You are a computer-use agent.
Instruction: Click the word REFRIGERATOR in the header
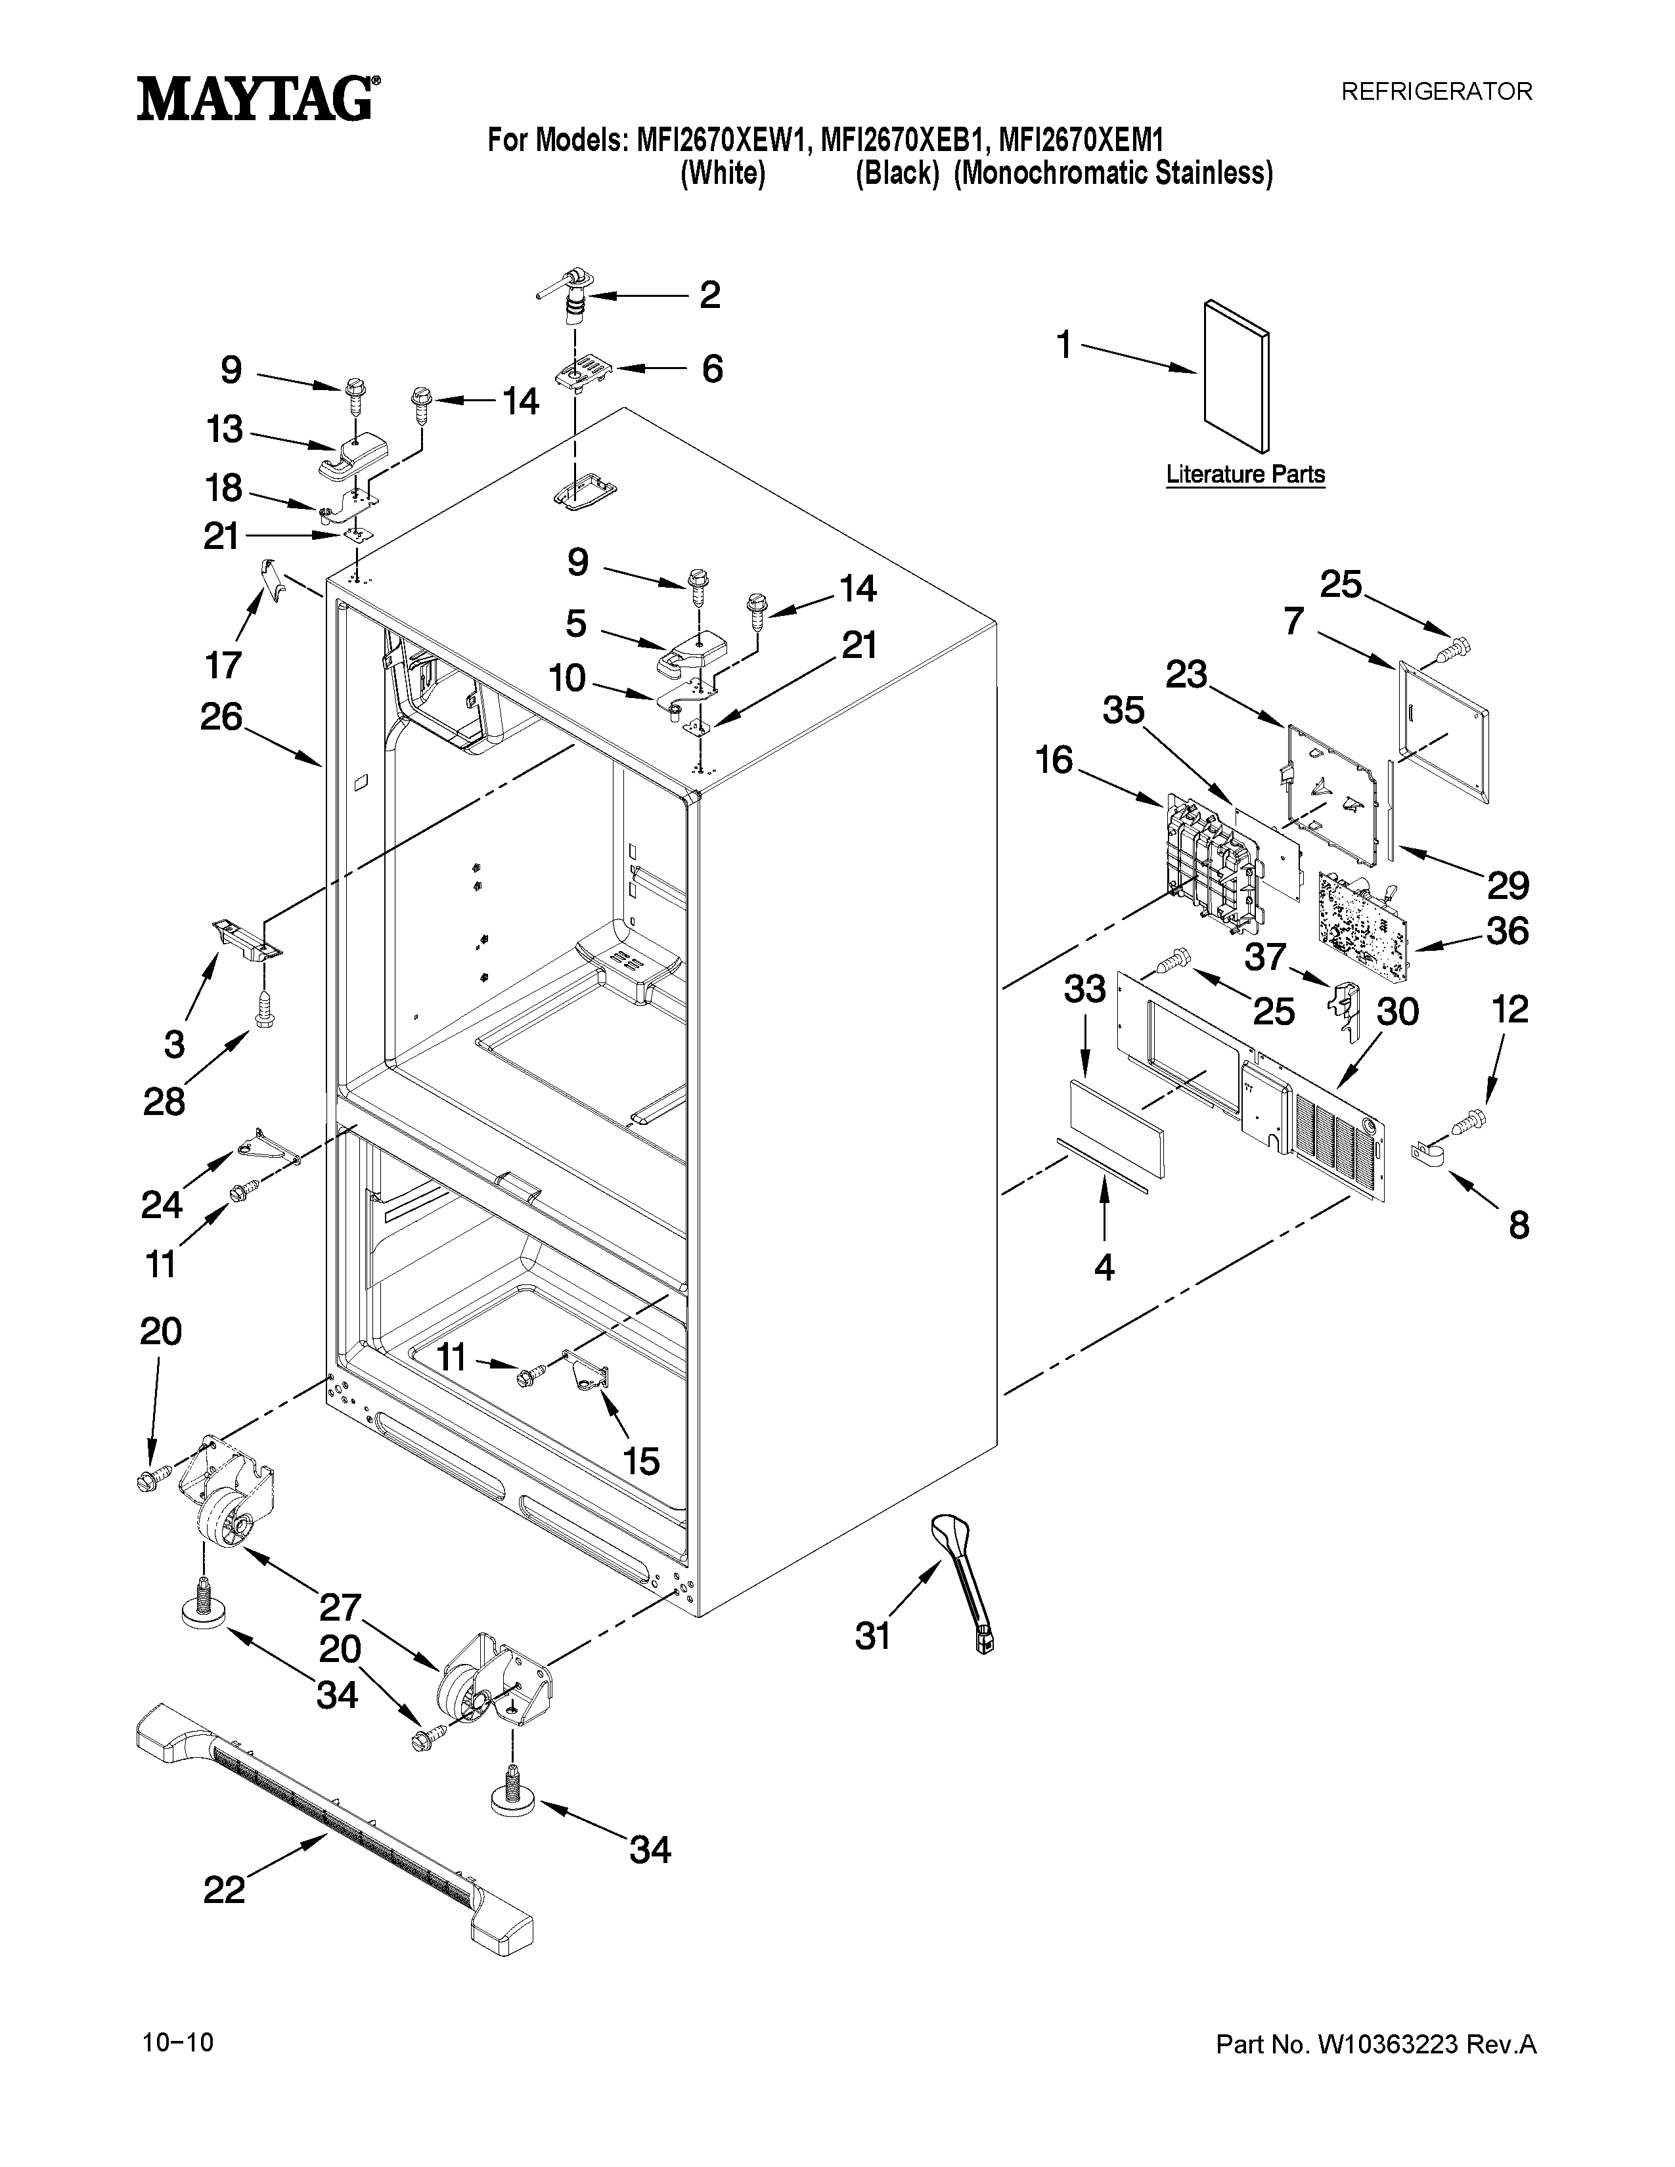[1437, 91]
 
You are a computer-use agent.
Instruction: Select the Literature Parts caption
[1245, 474]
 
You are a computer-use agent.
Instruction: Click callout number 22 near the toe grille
[224, 1890]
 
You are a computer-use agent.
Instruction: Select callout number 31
[873, 1635]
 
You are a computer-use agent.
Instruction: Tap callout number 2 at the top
[709, 295]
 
